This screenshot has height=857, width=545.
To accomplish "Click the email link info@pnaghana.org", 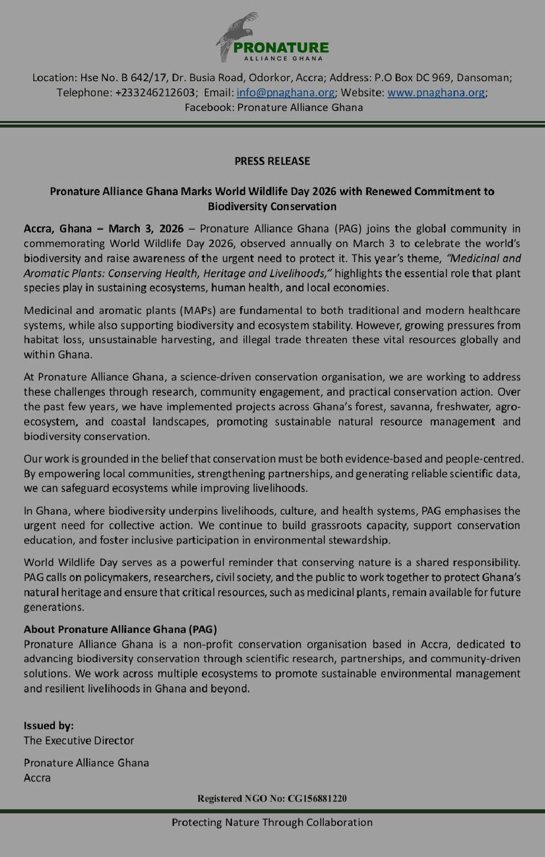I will click(285, 93).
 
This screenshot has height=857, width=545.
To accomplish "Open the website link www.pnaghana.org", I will click(436, 93).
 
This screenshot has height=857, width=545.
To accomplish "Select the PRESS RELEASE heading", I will click(272, 161).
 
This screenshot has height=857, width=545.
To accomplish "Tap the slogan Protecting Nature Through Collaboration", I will click(272, 822).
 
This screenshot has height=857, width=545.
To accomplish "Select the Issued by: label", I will click(48, 726).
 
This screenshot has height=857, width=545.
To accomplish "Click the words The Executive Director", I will click(79, 741).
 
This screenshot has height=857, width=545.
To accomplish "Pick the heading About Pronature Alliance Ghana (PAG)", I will click(120, 629).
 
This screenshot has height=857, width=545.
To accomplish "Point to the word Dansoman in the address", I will click(483, 78).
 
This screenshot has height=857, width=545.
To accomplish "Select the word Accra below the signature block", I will click(37, 778).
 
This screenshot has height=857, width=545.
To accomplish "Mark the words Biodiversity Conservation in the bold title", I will click(272, 206).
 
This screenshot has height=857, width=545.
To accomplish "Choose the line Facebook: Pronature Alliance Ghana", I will click(273, 108).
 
